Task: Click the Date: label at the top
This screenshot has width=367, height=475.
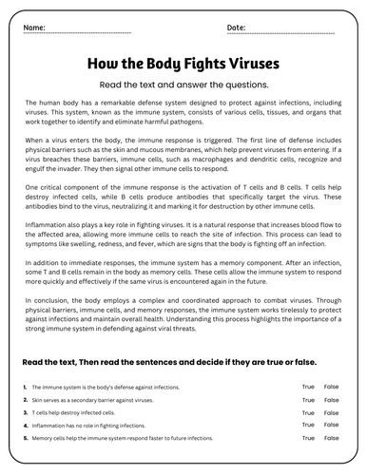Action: pos(236,28)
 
